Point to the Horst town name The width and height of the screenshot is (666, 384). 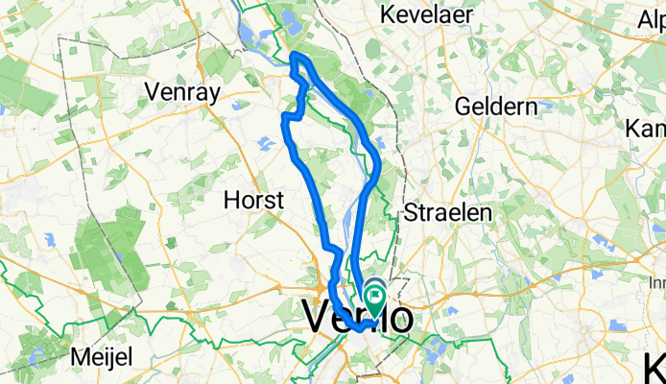tap(253, 201)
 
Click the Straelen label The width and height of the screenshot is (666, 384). tap(447, 211)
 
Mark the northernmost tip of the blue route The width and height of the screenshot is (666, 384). tap(296, 57)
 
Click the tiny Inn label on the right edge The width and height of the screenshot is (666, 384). tap(656, 283)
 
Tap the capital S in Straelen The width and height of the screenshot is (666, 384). tap(412, 211)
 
